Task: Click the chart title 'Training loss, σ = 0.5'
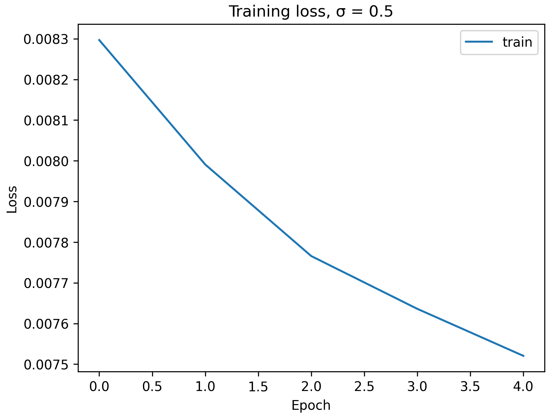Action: (x=311, y=12)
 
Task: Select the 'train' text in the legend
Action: (x=517, y=42)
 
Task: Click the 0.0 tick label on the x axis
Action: (x=99, y=387)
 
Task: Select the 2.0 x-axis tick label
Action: (x=311, y=387)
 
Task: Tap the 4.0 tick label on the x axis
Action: (x=523, y=387)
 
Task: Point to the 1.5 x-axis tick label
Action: (x=258, y=387)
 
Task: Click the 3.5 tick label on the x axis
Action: (x=470, y=387)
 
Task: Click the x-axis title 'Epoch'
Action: (x=311, y=405)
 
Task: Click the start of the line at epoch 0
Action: (x=99, y=40)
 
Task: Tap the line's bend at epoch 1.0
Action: (x=205, y=164)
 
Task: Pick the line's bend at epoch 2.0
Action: (x=311, y=256)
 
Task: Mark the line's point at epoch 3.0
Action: (x=417, y=309)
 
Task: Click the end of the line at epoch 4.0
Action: (x=523, y=356)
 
